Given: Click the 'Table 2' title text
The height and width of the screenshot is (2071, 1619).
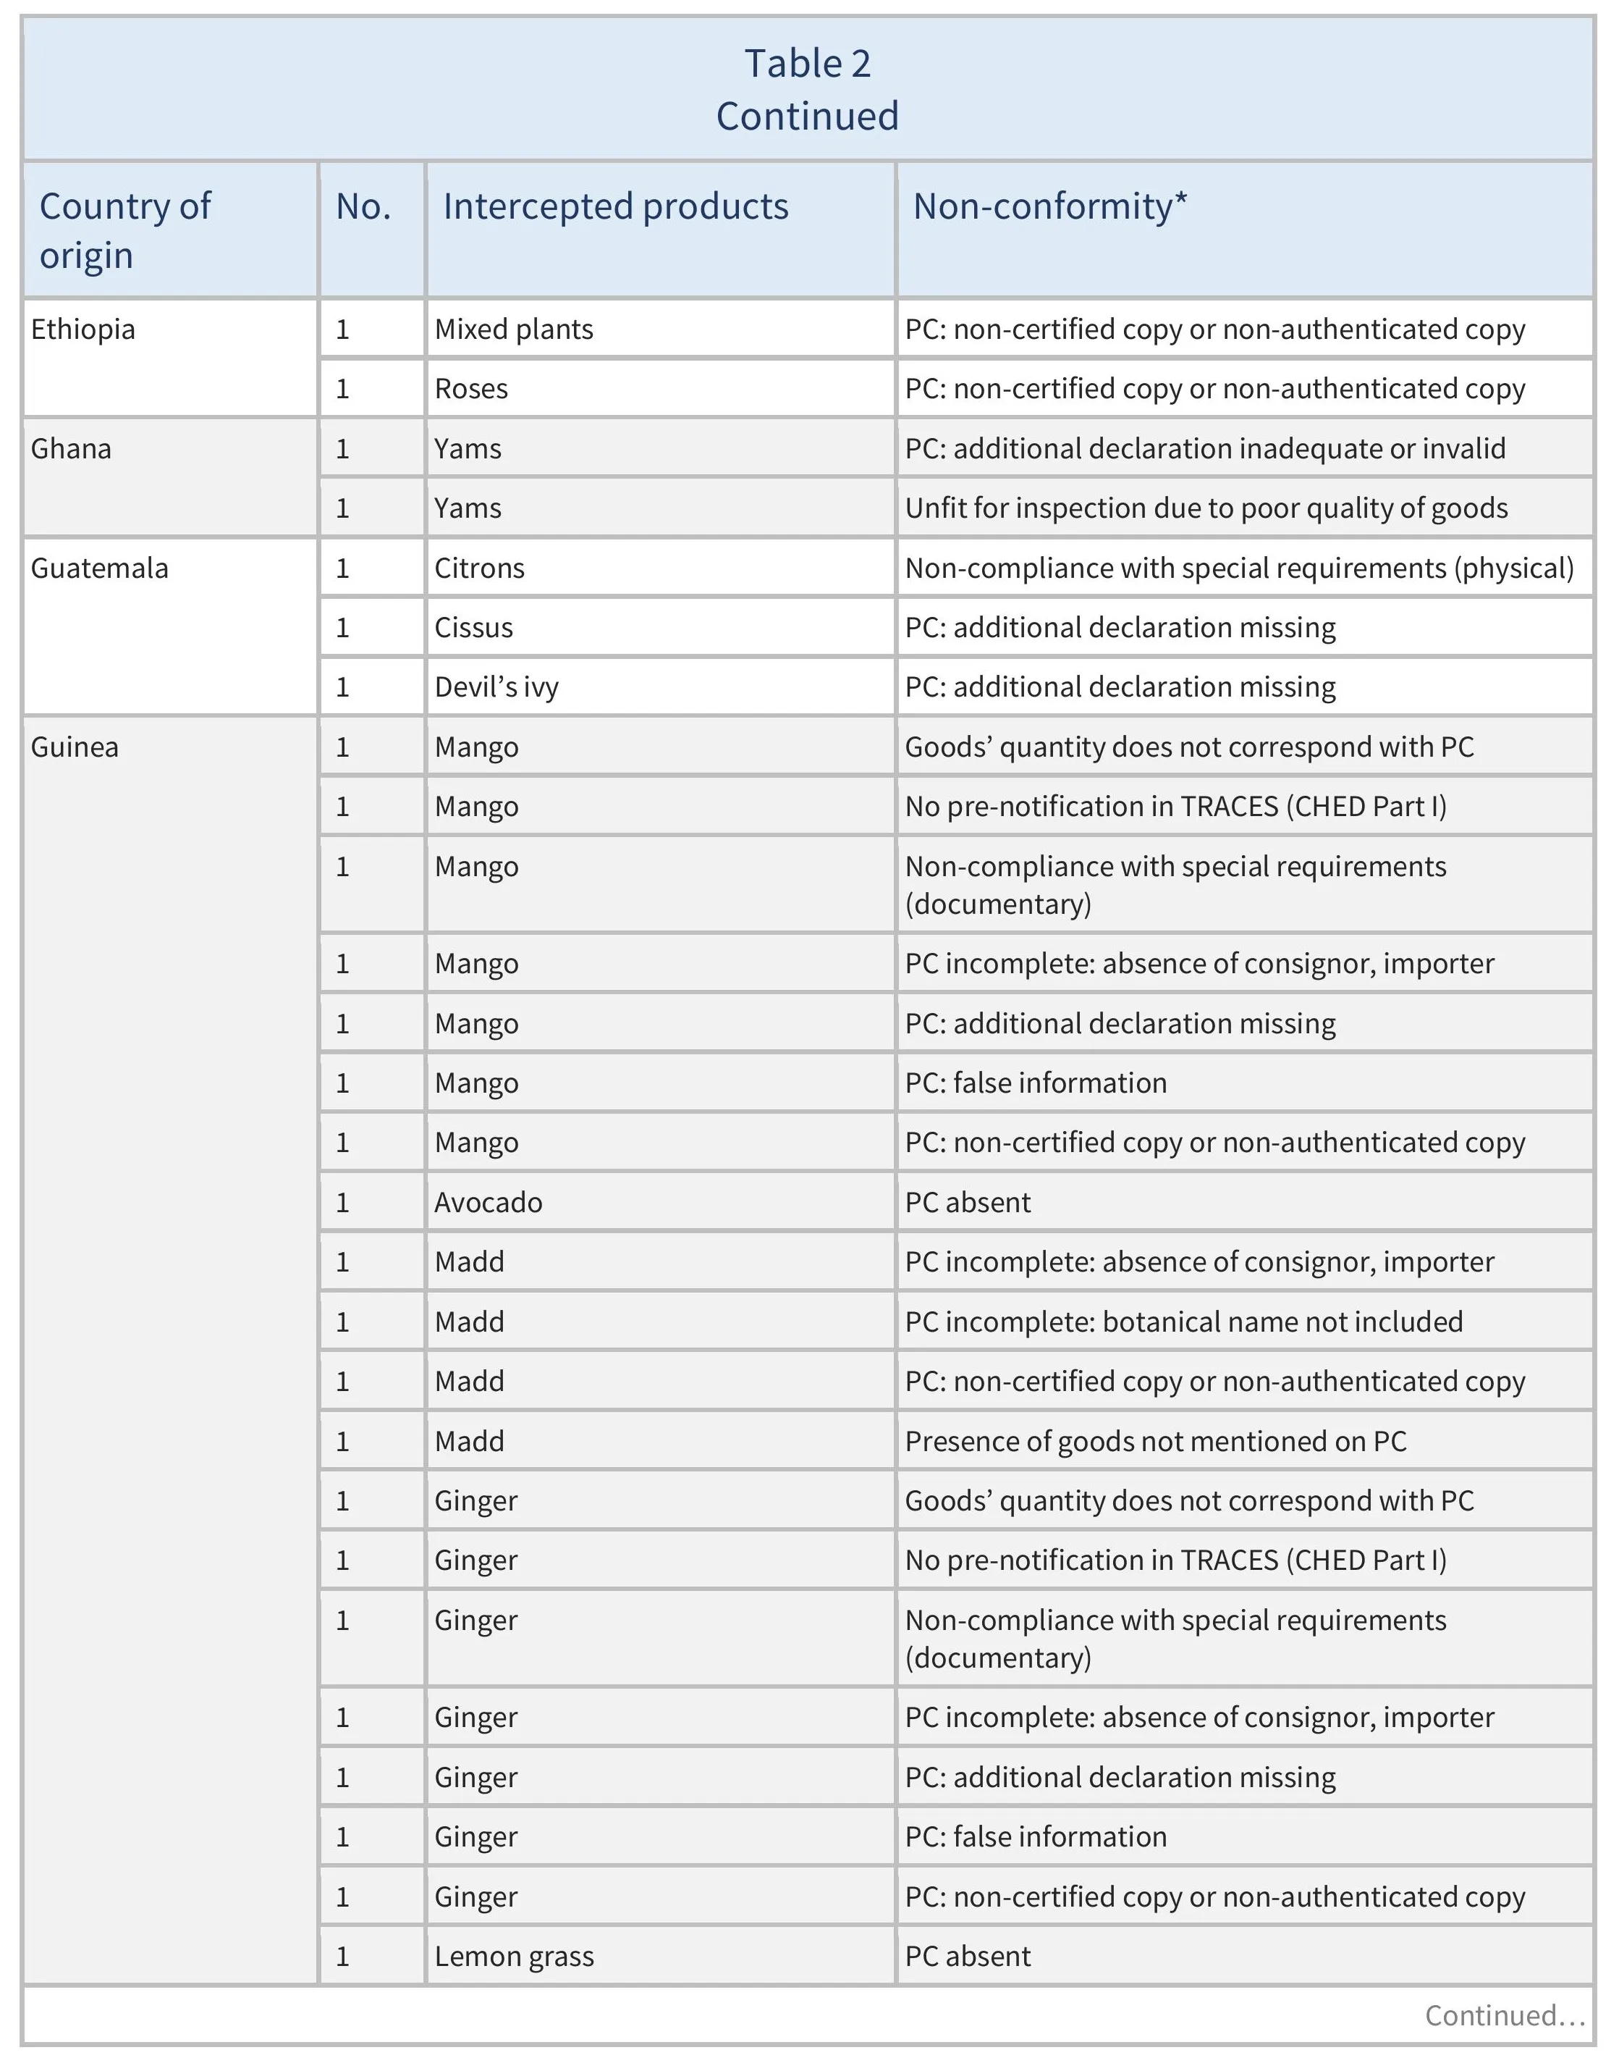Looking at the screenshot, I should point(807,64).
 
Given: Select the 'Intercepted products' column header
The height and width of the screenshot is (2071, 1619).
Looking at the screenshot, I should point(615,206).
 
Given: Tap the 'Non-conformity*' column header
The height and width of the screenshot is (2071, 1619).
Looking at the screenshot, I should point(1049,206).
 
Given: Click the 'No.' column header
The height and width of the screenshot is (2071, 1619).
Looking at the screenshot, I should point(363,206).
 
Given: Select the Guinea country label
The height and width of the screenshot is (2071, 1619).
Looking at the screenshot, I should point(75,747).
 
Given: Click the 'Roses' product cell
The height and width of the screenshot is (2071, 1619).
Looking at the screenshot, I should point(471,389).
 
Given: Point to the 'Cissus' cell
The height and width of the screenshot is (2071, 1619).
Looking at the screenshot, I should point(474,628).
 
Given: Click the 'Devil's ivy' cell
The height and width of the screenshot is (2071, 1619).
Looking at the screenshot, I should point(496,687).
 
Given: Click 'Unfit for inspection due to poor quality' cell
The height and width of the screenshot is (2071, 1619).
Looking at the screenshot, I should point(1206,508).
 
